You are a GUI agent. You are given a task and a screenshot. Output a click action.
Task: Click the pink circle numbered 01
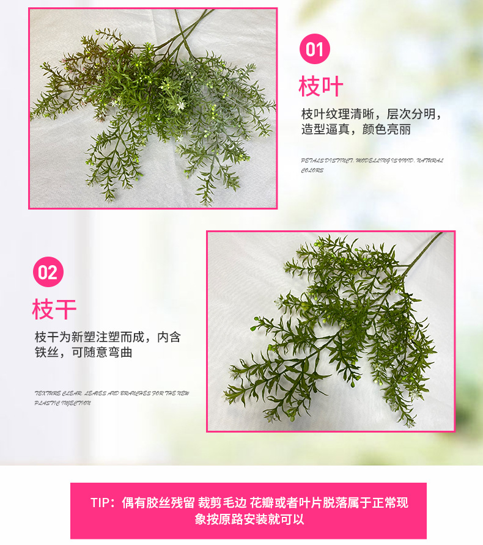[314, 49]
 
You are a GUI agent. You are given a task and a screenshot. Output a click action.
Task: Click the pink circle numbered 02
[48, 272]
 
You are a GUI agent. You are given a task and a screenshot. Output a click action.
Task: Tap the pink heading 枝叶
[321, 87]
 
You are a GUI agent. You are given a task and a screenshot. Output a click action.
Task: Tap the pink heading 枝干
[54, 309]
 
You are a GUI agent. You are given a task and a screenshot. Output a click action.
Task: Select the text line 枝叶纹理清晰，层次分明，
[371, 114]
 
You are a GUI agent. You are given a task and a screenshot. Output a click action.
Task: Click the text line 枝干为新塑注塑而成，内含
[108, 337]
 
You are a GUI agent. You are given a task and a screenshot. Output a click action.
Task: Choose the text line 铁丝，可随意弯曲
[83, 353]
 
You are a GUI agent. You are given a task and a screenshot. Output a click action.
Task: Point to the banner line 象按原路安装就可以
[249, 519]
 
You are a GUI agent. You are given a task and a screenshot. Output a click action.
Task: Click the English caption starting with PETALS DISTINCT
[372, 161]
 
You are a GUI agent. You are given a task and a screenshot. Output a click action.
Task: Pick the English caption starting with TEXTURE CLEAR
[112, 393]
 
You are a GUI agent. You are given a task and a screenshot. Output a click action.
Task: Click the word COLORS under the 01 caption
[312, 170]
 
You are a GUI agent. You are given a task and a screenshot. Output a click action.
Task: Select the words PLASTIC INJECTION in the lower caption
[63, 403]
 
